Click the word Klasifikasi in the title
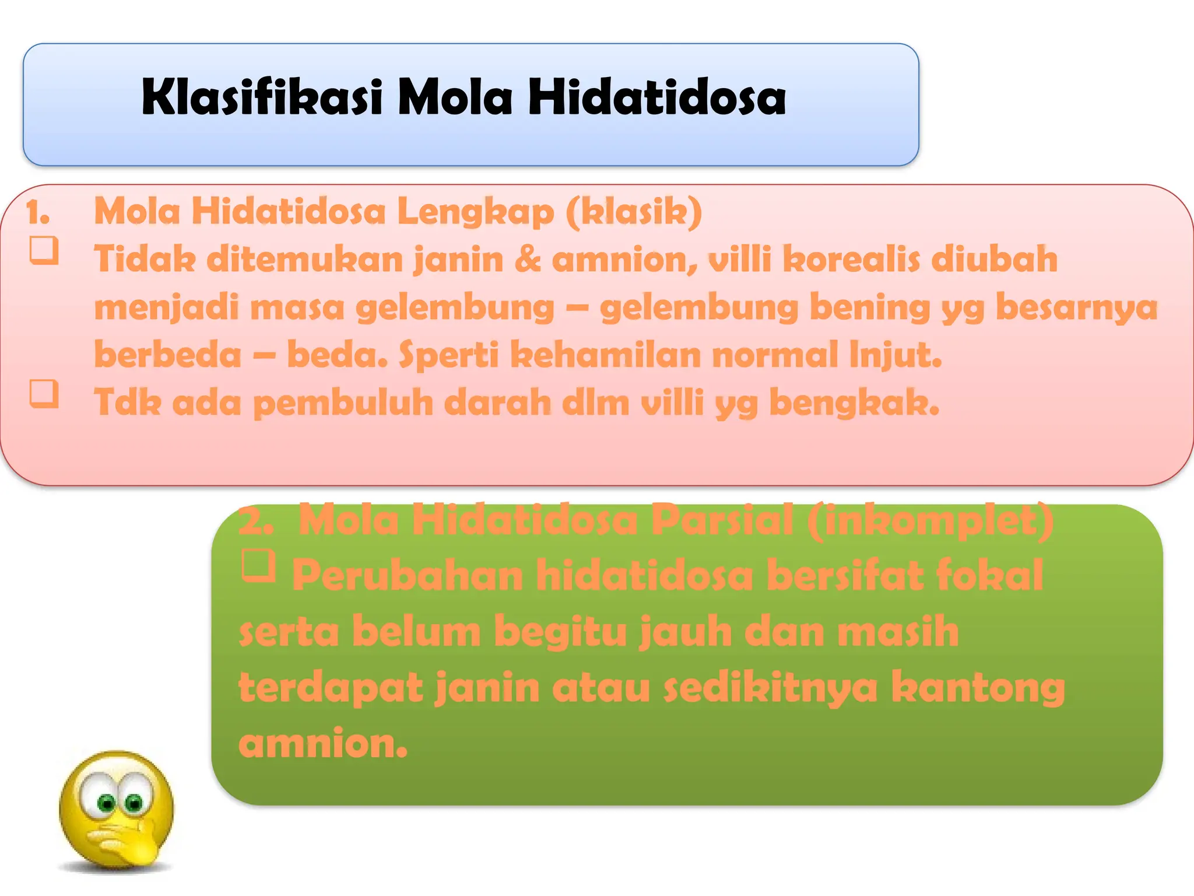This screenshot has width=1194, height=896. point(262,97)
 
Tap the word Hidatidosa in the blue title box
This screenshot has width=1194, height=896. point(657,97)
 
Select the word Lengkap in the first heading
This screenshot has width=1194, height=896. point(475,211)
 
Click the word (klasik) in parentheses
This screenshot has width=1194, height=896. point(634,211)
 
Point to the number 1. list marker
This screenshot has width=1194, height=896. point(38,213)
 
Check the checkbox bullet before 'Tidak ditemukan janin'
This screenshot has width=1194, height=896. point(44,250)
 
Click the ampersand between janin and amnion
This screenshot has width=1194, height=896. point(528,259)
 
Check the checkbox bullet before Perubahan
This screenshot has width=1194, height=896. point(258,565)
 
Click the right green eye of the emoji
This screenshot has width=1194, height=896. point(134,803)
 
